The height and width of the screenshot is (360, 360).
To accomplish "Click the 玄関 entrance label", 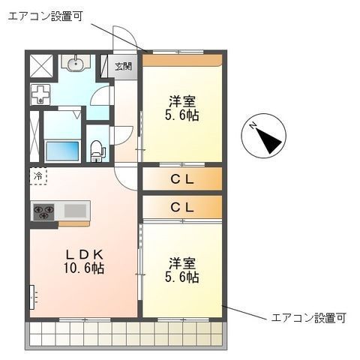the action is coord(123,67).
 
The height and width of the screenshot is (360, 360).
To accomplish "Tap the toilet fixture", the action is coord(97,151).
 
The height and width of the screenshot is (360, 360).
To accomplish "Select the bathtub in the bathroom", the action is coord(62,151).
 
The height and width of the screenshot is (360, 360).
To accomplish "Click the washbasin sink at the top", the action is coord(76,63).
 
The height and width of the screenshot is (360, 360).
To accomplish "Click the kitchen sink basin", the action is coord(75,210).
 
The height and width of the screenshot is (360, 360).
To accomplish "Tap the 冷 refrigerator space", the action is coord(38,176).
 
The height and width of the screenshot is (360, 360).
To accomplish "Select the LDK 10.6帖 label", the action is coord(84,262).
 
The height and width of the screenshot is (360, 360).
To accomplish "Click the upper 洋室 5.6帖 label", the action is coord(181,109).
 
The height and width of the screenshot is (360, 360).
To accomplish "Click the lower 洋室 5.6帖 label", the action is coord(181,270).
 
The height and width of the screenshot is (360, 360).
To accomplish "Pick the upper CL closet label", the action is coord(182,179).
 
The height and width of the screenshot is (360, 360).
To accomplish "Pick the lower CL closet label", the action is coord(182,207).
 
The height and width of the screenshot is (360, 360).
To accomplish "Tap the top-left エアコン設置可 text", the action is coord(45,16).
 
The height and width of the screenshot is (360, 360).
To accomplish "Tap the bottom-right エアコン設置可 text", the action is coord(308,318).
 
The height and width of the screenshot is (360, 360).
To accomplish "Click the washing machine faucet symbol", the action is coord(40,94).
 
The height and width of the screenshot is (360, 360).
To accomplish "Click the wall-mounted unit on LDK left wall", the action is coord(32,297).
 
